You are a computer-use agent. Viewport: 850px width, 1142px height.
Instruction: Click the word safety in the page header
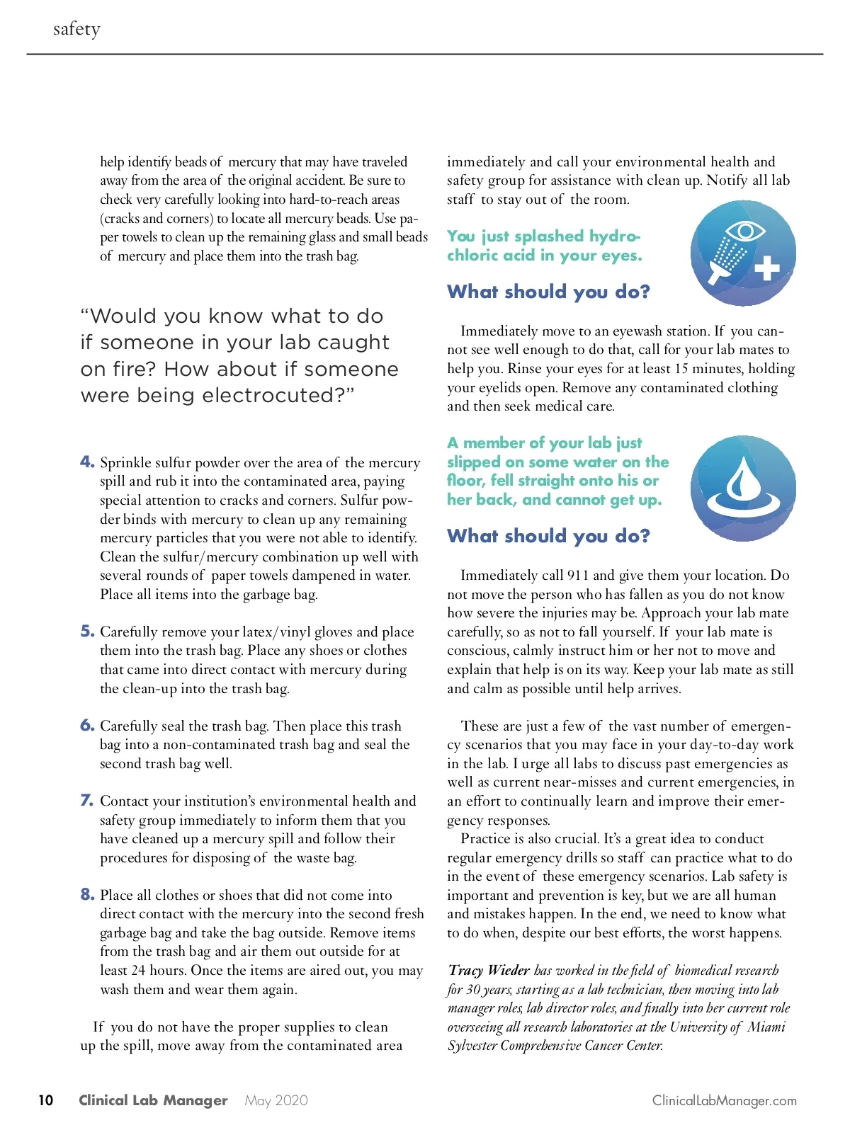pyautogui.click(x=76, y=29)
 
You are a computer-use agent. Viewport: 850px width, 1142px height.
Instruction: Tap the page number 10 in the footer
pyautogui.click(x=46, y=1100)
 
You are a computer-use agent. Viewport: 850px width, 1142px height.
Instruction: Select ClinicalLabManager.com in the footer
pyautogui.click(x=724, y=1100)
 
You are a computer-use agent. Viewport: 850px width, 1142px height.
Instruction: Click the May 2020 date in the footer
pyautogui.click(x=276, y=1100)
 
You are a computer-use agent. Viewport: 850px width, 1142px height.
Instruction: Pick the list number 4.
pyautogui.click(x=87, y=462)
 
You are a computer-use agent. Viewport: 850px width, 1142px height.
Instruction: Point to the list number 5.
pyautogui.click(x=87, y=631)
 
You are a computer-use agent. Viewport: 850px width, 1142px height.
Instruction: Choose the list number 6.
pyautogui.click(x=87, y=725)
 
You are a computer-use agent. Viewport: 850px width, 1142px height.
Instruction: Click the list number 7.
pyautogui.click(x=87, y=800)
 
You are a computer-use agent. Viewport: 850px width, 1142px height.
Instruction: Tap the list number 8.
pyautogui.click(x=87, y=894)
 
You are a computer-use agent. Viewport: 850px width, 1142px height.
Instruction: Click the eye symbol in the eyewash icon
pyautogui.click(x=744, y=232)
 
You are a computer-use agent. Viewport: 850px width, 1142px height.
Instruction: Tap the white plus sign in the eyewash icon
pyautogui.click(x=766, y=268)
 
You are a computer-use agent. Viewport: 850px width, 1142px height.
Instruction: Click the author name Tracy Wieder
pyautogui.click(x=489, y=970)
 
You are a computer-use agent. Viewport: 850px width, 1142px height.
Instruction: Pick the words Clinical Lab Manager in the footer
pyautogui.click(x=153, y=1100)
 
